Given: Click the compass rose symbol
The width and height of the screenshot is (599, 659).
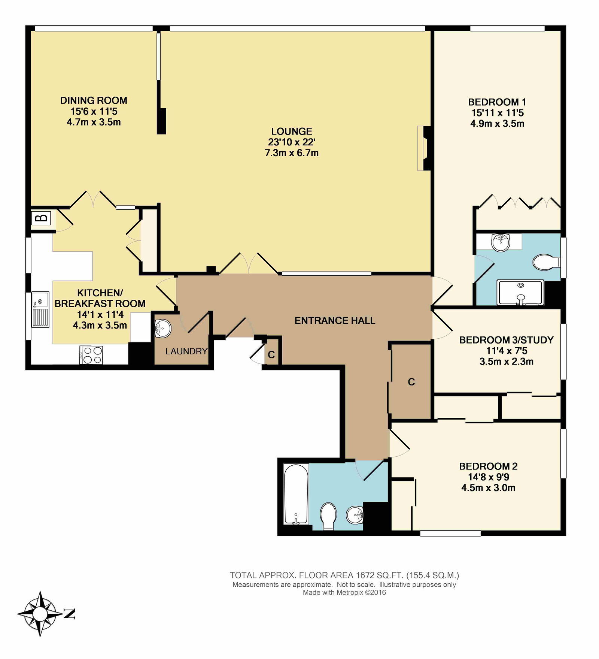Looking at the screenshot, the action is [40, 614].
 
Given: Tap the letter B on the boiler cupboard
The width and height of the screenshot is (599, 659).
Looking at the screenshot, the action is [43, 217].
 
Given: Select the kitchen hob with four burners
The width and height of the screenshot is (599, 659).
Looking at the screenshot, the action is [91, 354].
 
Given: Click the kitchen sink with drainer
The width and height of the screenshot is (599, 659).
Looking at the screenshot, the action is [40, 309].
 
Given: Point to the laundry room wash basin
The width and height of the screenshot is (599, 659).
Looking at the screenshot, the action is [163, 329].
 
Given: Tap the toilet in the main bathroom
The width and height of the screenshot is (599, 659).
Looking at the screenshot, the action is [329, 516].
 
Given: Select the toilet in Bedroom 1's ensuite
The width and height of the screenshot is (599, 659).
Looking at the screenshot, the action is [546, 262].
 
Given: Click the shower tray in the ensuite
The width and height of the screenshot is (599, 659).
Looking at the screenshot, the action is [520, 292].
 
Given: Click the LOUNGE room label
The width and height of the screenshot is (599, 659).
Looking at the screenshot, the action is [292, 131].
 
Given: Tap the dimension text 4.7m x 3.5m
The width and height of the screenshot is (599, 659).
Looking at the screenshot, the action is [94, 122].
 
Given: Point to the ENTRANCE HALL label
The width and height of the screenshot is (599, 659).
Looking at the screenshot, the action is [335, 320].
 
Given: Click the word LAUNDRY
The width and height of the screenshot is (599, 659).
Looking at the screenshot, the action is [186, 351].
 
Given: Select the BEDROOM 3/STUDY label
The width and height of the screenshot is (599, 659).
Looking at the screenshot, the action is [506, 340].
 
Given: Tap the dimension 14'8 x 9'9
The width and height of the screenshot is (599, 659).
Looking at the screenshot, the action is [488, 477].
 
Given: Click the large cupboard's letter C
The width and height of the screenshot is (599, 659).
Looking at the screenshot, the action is [411, 382].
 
